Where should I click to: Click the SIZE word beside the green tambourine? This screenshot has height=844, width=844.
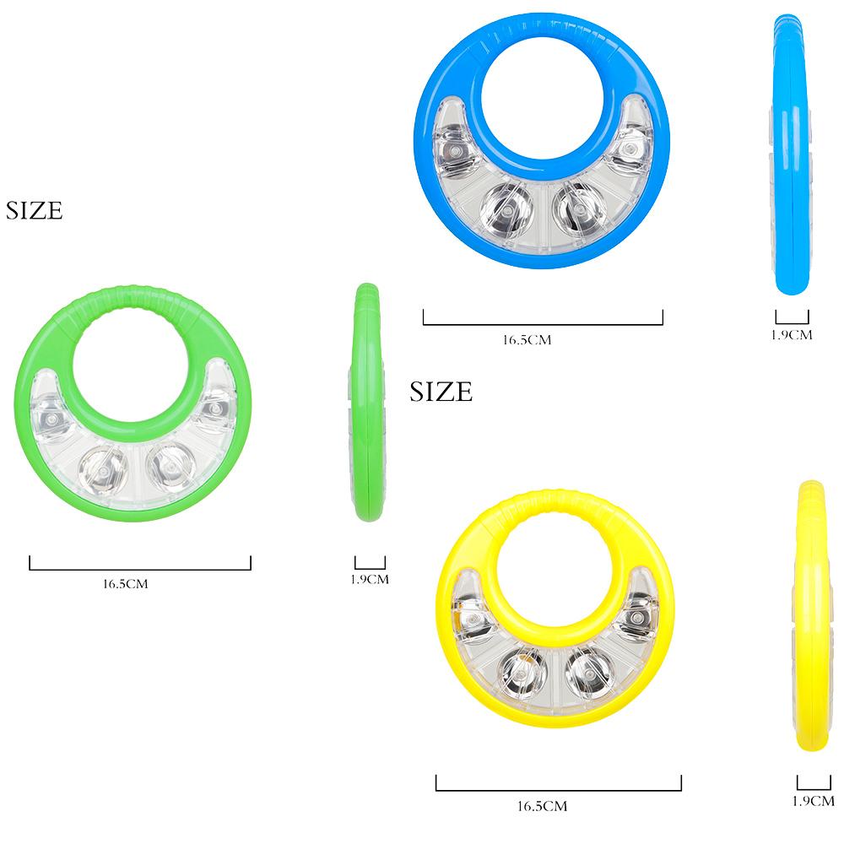[x=35, y=211]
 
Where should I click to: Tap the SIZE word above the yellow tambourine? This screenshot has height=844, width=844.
[x=441, y=392]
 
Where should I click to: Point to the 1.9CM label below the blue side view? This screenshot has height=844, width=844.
[x=792, y=334]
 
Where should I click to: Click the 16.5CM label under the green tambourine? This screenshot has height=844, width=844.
[x=125, y=583]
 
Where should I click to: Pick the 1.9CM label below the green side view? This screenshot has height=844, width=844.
[x=370, y=580]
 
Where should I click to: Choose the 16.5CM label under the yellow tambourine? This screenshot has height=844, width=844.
[x=542, y=806]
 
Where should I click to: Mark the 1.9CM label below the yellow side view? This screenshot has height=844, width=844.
[x=814, y=801]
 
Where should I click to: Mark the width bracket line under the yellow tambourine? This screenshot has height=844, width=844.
[x=559, y=790]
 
